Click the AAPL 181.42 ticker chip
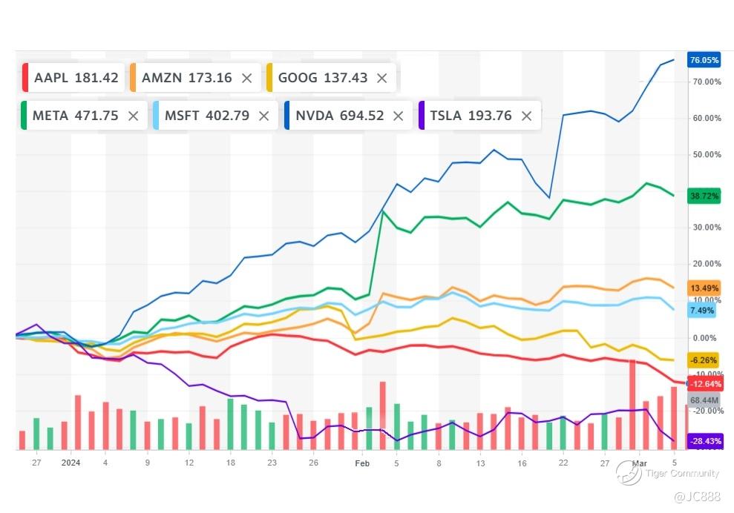point(71,78)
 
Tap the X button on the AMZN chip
point(247,78)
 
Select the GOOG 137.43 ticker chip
point(322,78)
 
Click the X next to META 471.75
point(133,116)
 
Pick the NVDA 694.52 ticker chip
point(339,116)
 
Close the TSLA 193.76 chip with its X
point(526,116)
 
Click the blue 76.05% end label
point(704,60)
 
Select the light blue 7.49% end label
point(703,311)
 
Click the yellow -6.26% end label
point(704,360)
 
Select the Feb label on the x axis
point(362,463)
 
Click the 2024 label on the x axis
point(71,463)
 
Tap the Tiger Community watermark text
point(682,473)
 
